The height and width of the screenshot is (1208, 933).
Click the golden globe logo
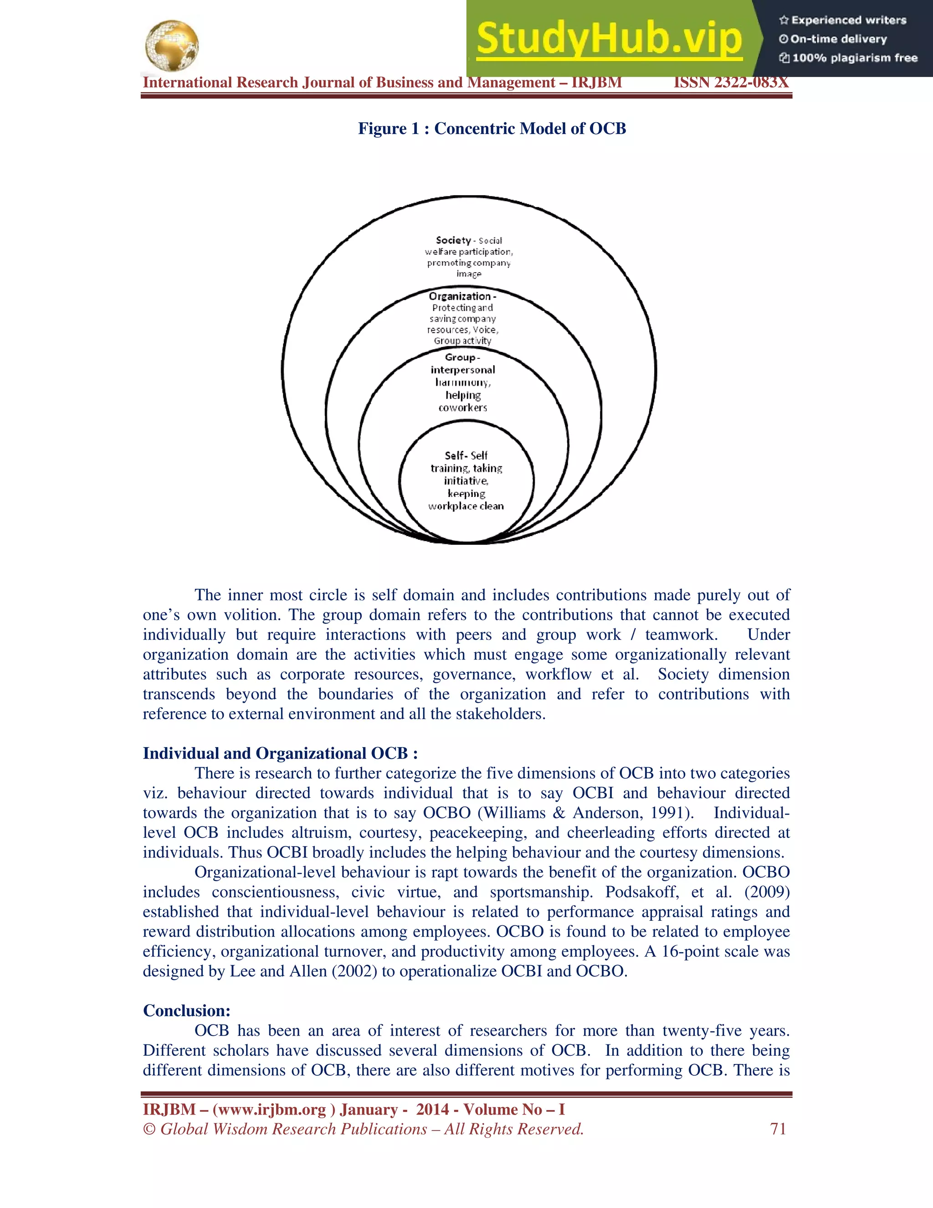click(x=171, y=46)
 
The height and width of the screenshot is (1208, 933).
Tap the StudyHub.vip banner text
click(x=609, y=39)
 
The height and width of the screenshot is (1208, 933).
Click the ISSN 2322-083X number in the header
click(x=731, y=83)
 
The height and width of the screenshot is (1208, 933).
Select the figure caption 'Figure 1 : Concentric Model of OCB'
click(x=492, y=129)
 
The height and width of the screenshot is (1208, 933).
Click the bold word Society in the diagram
click(x=453, y=240)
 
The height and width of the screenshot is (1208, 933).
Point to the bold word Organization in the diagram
click(x=459, y=296)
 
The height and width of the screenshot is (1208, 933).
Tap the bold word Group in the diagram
click(x=460, y=357)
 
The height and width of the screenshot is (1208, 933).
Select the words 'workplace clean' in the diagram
click(x=466, y=506)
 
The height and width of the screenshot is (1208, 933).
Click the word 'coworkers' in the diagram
click(x=463, y=408)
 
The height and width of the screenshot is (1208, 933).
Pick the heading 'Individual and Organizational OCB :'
click(x=280, y=754)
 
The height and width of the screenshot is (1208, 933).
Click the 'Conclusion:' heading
click(x=187, y=1011)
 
